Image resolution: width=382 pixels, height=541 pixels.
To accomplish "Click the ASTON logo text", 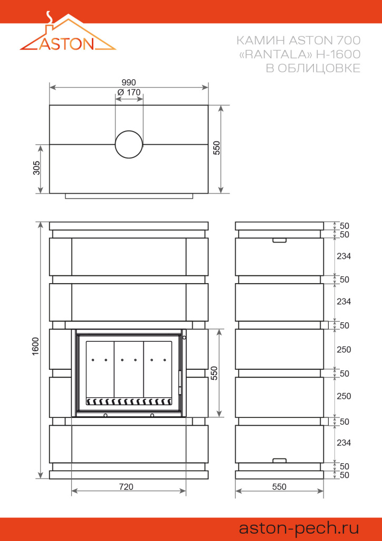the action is pyautogui.click(x=67, y=43).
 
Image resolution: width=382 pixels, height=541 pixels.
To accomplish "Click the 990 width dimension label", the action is pyautogui.click(x=129, y=82).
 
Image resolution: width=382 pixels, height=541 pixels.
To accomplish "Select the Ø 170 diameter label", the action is pyautogui.click(x=129, y=92).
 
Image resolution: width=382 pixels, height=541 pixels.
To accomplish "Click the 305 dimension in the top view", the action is pyautogui.click(x=36, y=168).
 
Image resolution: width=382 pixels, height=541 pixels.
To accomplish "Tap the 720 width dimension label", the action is pyautogui.click(x=126, y=487).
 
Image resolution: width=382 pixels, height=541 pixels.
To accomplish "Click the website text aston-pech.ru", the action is pyautogui.click(x=299, y=528).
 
